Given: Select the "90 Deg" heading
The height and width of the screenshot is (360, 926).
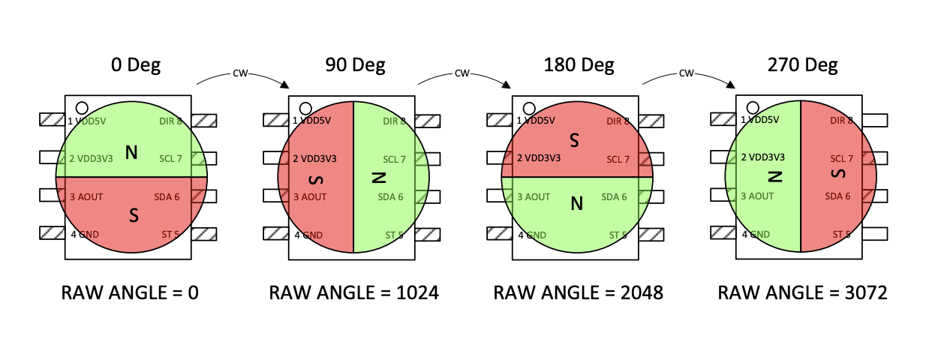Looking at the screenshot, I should click(355, 65).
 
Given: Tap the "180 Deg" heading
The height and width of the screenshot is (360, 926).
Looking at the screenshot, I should click(577, 65).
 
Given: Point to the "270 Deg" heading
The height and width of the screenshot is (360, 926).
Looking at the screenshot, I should click(802, 65).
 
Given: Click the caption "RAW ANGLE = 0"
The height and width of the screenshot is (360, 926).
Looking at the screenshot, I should click(130, 292).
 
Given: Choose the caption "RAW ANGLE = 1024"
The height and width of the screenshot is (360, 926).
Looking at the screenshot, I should click(353, 292).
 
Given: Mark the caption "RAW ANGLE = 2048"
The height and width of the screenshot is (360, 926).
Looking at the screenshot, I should click(578, 292).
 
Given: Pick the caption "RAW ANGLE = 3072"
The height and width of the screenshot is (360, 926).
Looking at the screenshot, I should click(802, 292).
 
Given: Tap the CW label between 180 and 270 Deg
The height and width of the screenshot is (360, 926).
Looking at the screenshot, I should click(686, 73).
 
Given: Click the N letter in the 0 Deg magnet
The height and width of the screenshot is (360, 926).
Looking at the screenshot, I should click(131, 153).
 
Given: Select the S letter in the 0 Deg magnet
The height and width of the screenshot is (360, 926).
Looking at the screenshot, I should click(134, 216).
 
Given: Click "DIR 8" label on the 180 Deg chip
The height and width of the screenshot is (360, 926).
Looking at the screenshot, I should click(617, 121).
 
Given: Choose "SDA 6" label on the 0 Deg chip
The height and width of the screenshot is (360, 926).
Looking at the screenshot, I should click(167, 196).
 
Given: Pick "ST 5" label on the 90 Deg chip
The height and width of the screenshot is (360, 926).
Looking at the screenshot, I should click(395, 235).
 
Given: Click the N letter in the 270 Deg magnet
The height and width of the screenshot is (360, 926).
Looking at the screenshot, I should click(775, 177).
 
